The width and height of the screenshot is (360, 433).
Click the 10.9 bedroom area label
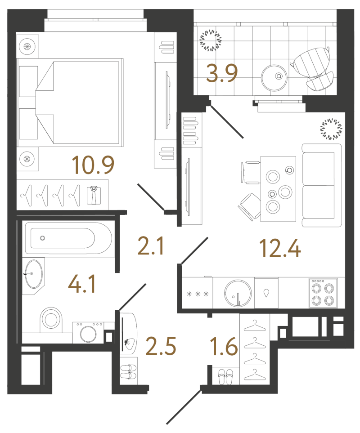[x=93, y=165]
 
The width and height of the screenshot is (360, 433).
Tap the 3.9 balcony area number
[x=222, y=73]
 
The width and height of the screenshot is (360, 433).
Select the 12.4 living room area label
[x=280, y=248]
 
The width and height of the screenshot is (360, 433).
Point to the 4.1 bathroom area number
[x=82, y=284]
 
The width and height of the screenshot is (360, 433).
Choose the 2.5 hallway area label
[x=161, y=346]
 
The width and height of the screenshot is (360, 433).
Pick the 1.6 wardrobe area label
[x=224, y=346]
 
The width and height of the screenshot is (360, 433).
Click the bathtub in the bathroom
[x=68, y=238]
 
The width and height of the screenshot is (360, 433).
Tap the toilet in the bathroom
[x=51, y=320]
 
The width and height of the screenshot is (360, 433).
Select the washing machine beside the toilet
[x=88, y=332]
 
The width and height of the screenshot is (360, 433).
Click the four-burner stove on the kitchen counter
[x=323, y=293]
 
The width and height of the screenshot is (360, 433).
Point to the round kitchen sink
[x=238, y=293]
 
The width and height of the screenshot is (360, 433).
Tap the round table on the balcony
[x=274, y=78]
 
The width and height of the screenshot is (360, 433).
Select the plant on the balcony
[x=211, y=40]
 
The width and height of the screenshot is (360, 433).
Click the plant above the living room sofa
[x=331, y=129]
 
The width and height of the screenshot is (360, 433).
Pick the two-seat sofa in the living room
[x=322, y=185]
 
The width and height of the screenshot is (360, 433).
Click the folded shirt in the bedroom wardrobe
[x=94, y=195]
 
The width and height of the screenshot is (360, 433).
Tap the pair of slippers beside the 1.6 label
[x=226, y=377]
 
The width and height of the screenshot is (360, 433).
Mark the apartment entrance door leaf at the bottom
[x=184, y=407]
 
